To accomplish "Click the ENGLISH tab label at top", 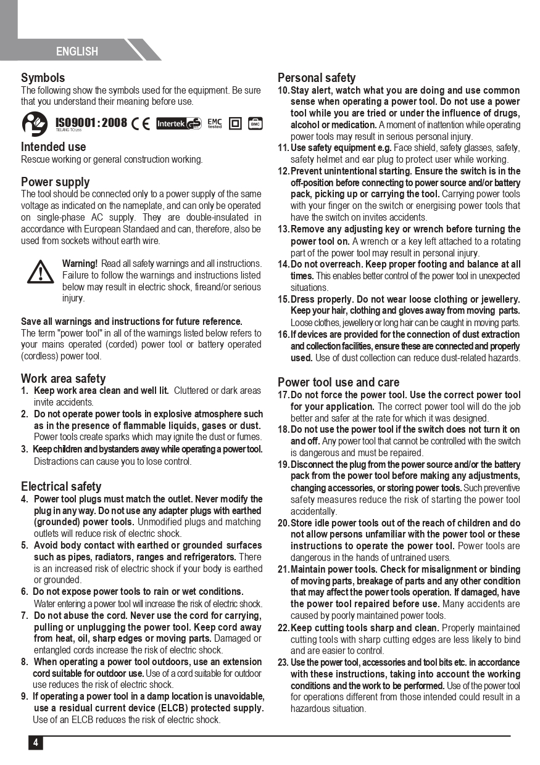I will click(x=77, y=52).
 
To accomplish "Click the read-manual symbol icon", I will click(x=35, y=123).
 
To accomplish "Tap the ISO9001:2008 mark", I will click(x=91, y=123).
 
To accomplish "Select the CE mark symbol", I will click(x=141, y=123).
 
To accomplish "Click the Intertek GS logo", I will click(x=178, y=123).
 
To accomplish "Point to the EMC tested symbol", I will click(x=214, y=123).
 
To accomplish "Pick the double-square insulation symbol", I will click(x=235, y=123).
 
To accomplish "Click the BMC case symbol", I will click(x=255, y=123).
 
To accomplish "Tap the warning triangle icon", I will click(x=40, y=271).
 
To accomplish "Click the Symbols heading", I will click(x=43, y=78).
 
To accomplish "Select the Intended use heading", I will click(x=53, y=147).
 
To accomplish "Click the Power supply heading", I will click(x=55, y=182).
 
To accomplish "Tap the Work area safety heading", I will click(x=63, y=378).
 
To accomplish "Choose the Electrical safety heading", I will click(x=61, y=486).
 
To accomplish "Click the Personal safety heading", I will click(x=316, y=78).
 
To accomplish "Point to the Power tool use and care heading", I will click(x=338, y=382).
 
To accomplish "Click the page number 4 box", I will click(x=35, y=742).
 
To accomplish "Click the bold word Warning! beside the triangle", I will click(x=80, y=264).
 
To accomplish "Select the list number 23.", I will click(x=283, y=663).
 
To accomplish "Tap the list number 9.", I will click(x=24, y=697).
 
